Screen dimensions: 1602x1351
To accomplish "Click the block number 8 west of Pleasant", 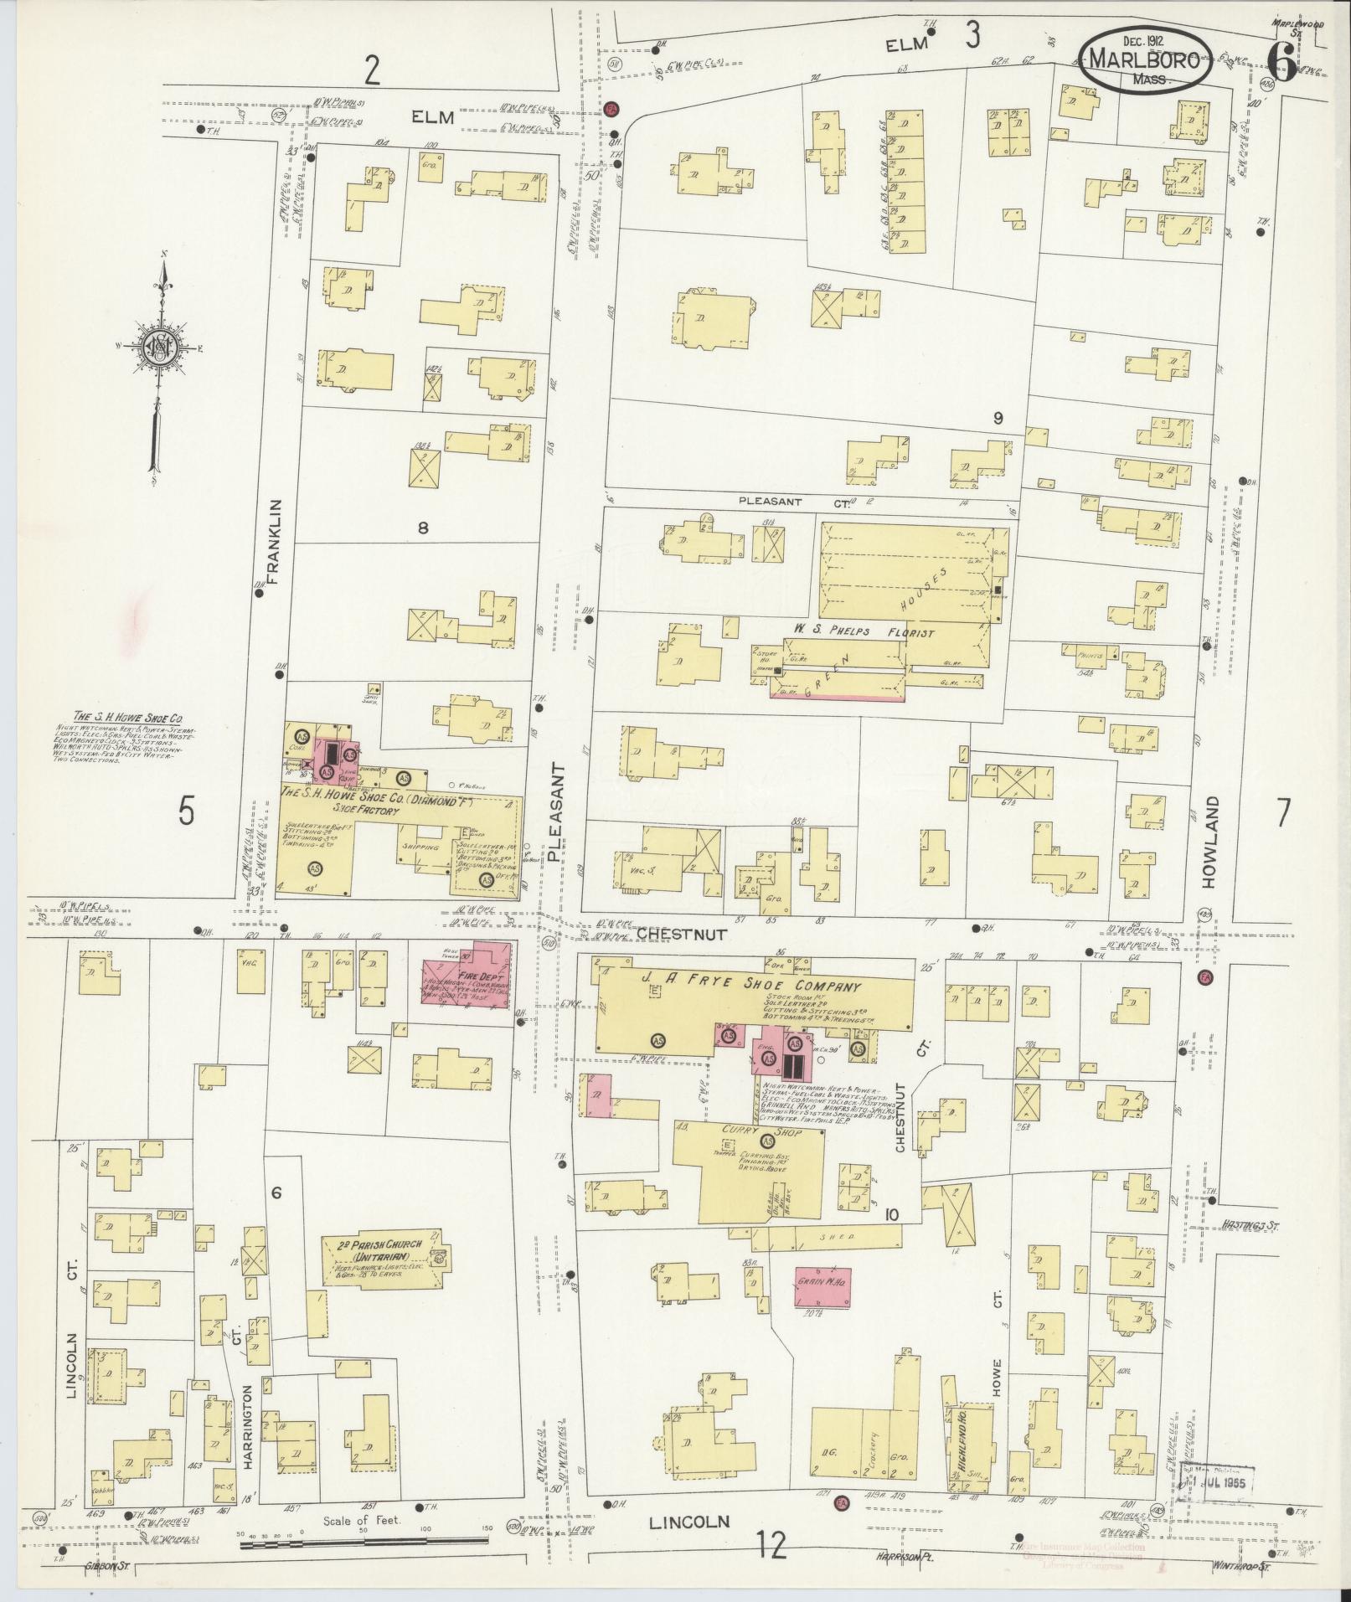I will click(423, 528).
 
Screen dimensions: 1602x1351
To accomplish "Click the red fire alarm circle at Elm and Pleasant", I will click(611, 110).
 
